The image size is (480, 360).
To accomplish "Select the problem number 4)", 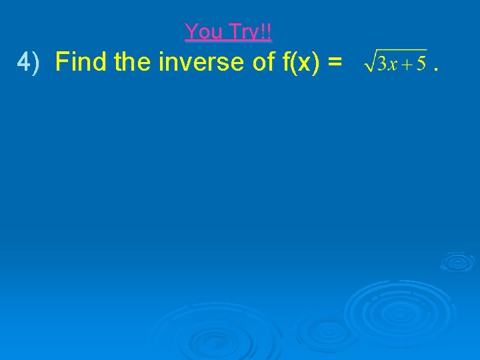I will pos(29,63).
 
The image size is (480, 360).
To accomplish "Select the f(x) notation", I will pos(301,63).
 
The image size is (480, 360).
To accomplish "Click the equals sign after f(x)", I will pos(335,63).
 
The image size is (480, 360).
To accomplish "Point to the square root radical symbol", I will pos(369,61).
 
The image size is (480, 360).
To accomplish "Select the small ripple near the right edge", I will pos(457,261).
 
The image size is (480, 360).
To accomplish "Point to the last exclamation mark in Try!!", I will pos(269,31).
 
